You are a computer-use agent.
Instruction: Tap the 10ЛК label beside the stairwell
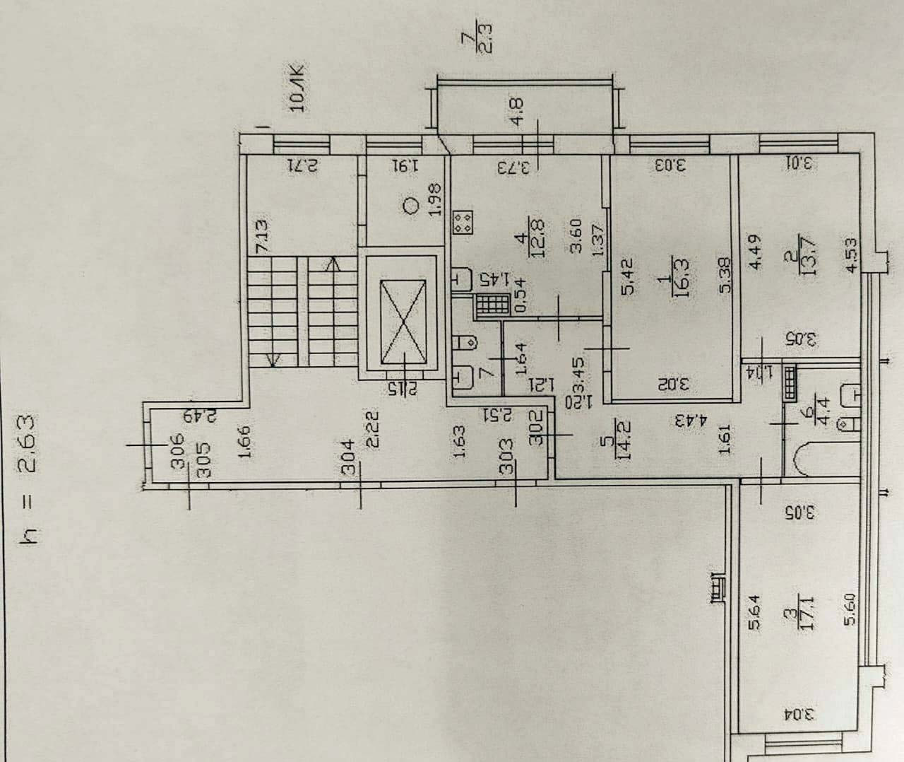[297, 89]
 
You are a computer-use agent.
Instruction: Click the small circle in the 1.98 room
[410, 206]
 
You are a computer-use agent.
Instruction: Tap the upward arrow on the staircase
[331, 266]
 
